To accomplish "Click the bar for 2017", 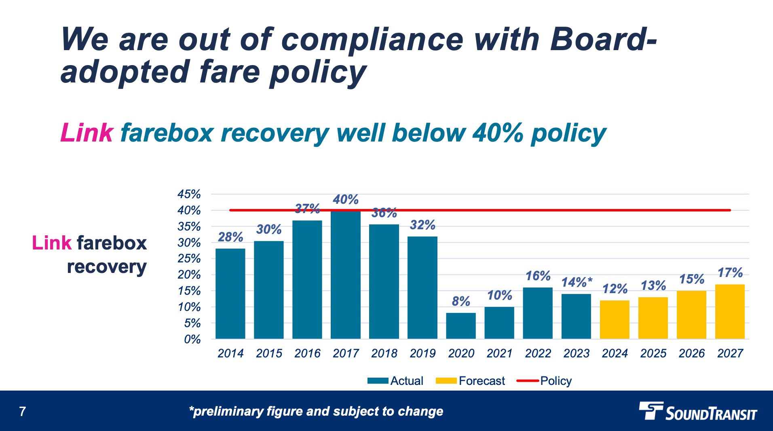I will point(345,275).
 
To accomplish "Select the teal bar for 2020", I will point(461,326).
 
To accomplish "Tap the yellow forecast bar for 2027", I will point(730,311).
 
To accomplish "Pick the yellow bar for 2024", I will point(615,319).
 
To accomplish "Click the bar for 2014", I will point(230,294).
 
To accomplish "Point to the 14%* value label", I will point(577,282).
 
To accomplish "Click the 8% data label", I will point(461,301).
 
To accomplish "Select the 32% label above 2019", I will point(422,225).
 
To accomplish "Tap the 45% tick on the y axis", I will point(189,194).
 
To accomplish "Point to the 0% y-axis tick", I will point(192,339).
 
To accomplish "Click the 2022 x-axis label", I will point(538,353).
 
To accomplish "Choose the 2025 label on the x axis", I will point(653,353).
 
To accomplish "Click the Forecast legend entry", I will point(471,381).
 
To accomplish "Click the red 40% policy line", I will point(526,210).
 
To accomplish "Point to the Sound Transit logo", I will point(698,412).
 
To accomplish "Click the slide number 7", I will point(23,412).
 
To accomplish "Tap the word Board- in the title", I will point(603,40).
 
